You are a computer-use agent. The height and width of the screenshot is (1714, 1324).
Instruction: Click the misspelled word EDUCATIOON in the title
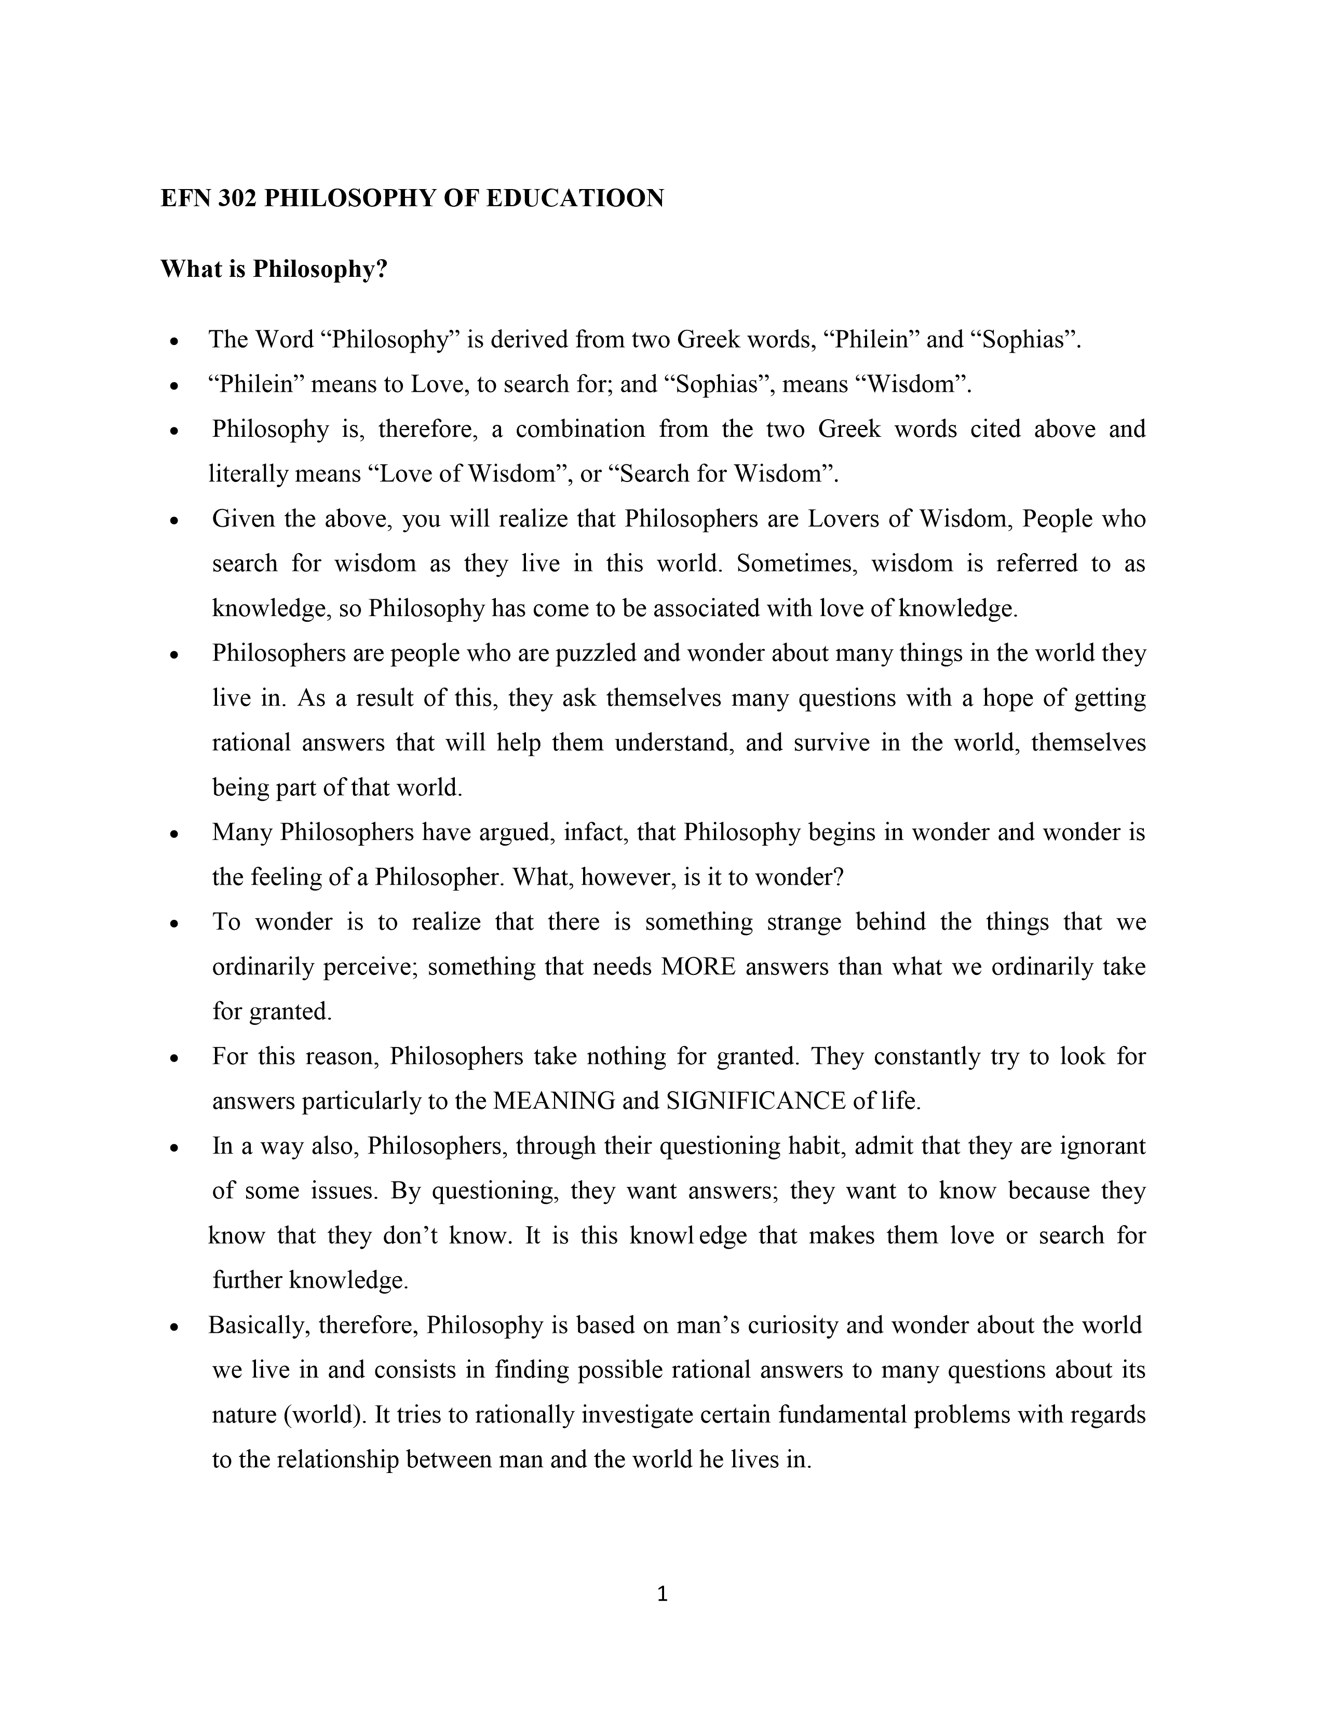coord(574,198)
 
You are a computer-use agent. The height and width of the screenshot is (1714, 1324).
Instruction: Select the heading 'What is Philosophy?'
coord(275,269)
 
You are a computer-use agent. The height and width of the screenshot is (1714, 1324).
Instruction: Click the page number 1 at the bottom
coord(662,1594)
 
